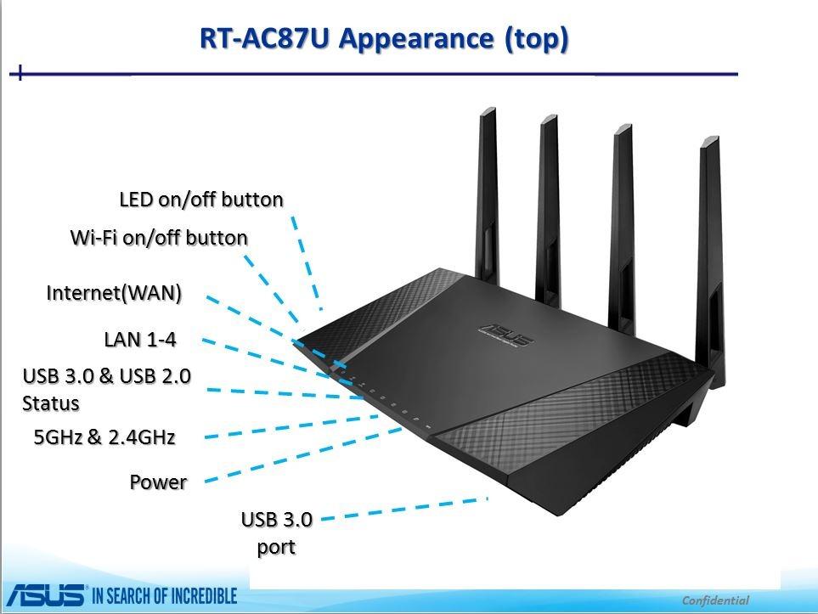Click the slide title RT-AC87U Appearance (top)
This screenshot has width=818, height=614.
(384, 38)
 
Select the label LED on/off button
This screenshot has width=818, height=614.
(201, 200)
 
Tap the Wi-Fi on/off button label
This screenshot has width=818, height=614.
(159, 238)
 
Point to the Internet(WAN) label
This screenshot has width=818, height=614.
(114, 294)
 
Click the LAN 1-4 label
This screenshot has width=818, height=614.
(140, 340)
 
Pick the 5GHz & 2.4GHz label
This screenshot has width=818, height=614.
(104, 437)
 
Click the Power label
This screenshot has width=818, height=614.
(158, 482)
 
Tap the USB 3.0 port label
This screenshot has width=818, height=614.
(277, 532)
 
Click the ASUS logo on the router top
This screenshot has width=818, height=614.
(506, 335)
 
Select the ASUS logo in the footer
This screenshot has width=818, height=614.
(43, 595)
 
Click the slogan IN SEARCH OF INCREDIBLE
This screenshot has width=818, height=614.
(164, 596)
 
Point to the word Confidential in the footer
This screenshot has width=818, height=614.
(715, 600)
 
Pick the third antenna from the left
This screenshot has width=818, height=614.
(623, 212)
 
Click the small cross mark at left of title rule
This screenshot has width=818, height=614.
(19, 74)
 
